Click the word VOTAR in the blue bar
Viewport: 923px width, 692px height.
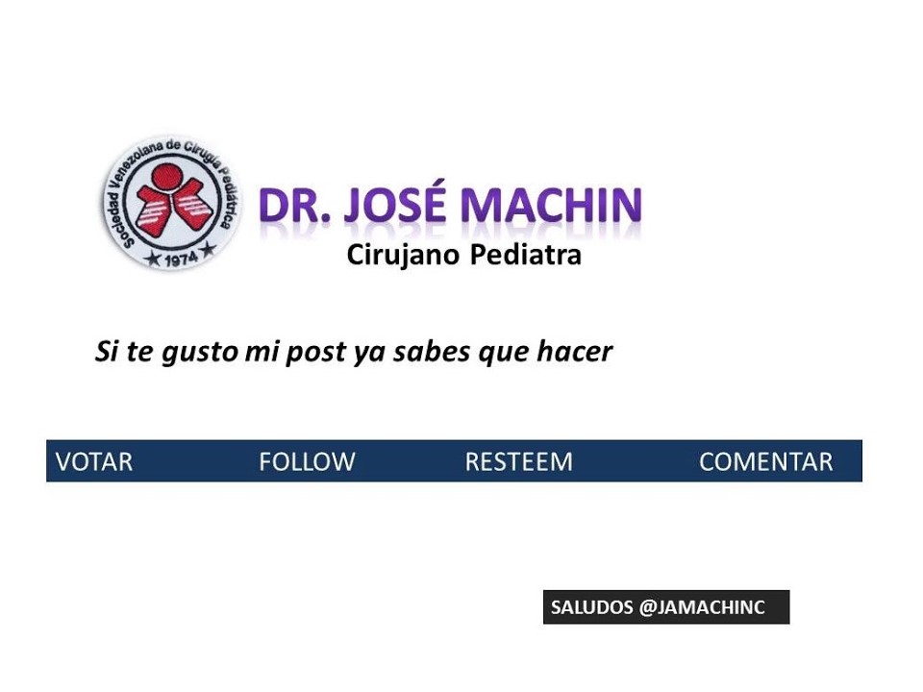point(94,462)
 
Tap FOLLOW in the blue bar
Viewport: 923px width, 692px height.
point(308,462)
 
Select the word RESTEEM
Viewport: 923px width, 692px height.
point(518,462)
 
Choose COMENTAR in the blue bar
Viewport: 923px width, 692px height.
point(766,462)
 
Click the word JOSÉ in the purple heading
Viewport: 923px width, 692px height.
point(394,204)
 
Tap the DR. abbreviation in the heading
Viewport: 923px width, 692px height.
point(294,206)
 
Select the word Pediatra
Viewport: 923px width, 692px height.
point(526,255)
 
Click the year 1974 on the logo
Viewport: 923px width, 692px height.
point(181,259)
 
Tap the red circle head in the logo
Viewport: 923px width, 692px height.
point(167,177)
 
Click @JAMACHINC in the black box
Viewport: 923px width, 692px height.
point(702,607)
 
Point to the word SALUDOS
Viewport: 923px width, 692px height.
point(591,607)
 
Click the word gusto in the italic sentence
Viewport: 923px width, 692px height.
point(199,353)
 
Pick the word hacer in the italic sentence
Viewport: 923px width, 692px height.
point(575,352)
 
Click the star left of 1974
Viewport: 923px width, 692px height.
point(154,259)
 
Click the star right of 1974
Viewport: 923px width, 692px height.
point(208,251)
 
